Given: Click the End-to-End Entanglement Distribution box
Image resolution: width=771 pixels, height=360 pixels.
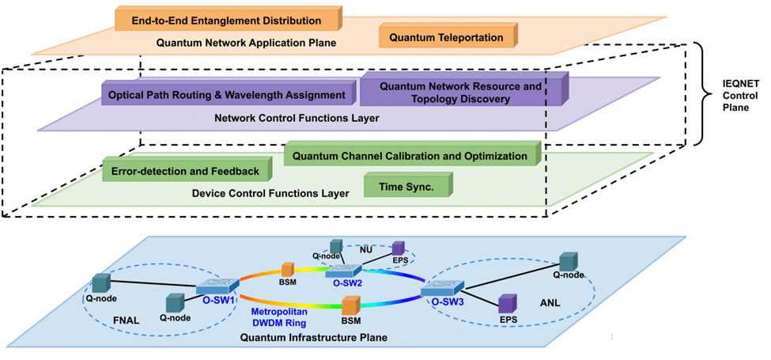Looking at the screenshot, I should click(225, 20).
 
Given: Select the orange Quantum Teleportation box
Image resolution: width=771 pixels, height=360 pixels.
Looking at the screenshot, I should click(447, 36).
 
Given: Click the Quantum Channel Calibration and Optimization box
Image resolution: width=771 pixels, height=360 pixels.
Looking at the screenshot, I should click(410, 156).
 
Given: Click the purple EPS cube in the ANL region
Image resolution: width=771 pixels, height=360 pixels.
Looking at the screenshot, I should click(507, 304).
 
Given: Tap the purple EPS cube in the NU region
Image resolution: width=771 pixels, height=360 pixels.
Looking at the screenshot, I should click(398, 248).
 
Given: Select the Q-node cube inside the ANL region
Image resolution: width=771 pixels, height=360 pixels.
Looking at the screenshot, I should click(569, 262).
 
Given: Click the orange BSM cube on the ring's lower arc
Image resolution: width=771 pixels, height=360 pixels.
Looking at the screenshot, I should click(351, 305).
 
